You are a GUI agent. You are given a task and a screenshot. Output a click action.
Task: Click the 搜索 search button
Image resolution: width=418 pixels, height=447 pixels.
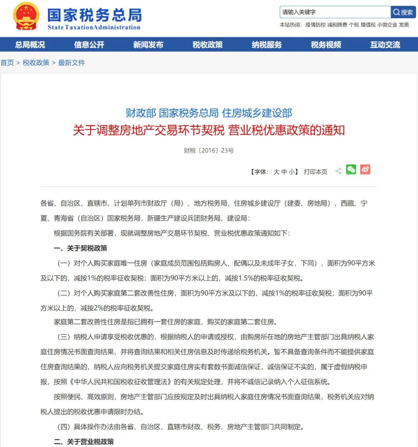[x=403, y=12]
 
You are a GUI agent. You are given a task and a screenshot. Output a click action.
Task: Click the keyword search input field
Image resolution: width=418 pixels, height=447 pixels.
[x=335, y=12]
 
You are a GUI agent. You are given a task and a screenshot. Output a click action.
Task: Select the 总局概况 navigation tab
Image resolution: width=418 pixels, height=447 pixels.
[x=30, y=45]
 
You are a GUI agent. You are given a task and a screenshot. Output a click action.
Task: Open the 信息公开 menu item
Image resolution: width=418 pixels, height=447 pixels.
[x=89, y=45]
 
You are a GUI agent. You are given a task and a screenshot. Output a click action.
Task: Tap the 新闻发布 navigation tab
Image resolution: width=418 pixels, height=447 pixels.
[x=148, y=45]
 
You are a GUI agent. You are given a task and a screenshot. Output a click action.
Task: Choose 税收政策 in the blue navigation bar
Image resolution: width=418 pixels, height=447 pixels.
[x=207, y=45]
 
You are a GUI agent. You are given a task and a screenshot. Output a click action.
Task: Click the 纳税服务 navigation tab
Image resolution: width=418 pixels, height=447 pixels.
[x=267, y=45]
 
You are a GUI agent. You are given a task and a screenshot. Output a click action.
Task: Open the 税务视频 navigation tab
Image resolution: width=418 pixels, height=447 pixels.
[x=326, y=45]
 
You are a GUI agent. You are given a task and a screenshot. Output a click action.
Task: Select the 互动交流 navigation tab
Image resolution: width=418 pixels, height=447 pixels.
[x=385, y=45]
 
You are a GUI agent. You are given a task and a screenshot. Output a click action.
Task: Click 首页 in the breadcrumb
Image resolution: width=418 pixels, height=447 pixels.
[x=7, y=63]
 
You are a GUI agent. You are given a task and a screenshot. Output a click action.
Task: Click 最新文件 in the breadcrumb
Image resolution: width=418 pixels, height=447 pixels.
[x=71, y=63]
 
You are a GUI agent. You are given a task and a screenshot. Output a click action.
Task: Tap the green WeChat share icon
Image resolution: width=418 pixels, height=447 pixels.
[x=351, y=169]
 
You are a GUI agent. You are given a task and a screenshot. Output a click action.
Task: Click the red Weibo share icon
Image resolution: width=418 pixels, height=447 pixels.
[x=365, y=169]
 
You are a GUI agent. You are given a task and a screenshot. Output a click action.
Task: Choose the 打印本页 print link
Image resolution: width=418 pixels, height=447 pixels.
[x=315, y=172]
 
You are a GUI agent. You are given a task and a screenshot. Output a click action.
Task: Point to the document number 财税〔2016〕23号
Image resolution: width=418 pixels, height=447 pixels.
[x=209, y=150]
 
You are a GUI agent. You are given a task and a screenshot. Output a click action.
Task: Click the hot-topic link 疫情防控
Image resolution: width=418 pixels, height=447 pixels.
[x=315, y=25]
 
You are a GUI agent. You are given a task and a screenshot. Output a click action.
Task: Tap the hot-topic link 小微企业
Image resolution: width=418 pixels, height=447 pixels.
[x=387, y=25]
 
